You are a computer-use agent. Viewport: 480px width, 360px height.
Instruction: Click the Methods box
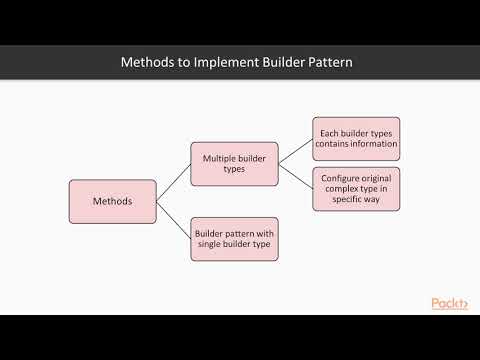[x=112, y=201]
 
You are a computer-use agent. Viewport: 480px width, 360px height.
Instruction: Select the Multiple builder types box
[x=234, y=163]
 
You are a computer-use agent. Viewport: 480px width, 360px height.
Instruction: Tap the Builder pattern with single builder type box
[x=234, y=238]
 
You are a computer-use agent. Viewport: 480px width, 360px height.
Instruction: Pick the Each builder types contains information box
[x=355, y=138]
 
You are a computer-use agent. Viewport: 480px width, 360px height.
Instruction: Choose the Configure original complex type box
[x=355, y=188]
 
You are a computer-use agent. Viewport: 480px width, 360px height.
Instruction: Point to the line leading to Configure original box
[x=295, y=176]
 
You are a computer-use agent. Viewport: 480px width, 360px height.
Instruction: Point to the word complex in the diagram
[x=339, y=188]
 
